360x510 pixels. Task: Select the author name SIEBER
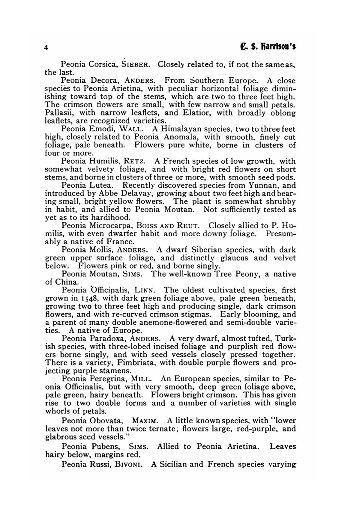135,65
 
